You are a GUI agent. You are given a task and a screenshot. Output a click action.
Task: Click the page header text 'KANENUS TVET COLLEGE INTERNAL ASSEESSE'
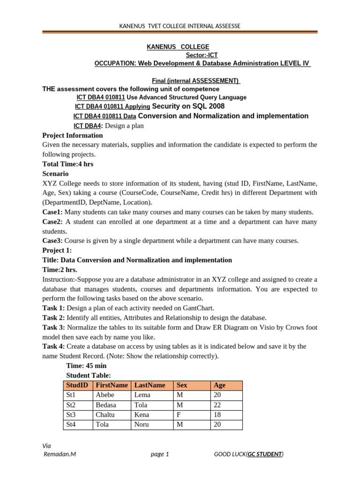pyautogui.click(x=180, y=26)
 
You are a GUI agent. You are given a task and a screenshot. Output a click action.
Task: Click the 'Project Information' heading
pyautogui.click(x=73, y=135)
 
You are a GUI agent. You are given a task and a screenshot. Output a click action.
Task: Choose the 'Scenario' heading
pyautogui.click(x=56, y=173)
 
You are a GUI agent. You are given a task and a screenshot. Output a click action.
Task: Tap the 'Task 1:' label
pyautogui.click(x=53, y=308)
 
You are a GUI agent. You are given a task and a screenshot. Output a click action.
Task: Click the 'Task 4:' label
pyautogui.click(x=53, y=346)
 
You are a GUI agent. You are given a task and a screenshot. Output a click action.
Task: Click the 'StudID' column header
pyautogui.click(x=77, y=385)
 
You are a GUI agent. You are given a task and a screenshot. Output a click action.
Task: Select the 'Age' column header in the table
pyautogui.click(x=219, y=385)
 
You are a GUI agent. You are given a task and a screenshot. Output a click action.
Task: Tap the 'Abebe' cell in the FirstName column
pyautogui.click(x=105, y=395)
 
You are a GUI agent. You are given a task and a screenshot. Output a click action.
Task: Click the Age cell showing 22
pyautogui.click(x=217, y=405)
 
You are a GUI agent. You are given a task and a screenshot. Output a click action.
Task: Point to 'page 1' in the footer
pyautogui.click(x=160, y=454)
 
